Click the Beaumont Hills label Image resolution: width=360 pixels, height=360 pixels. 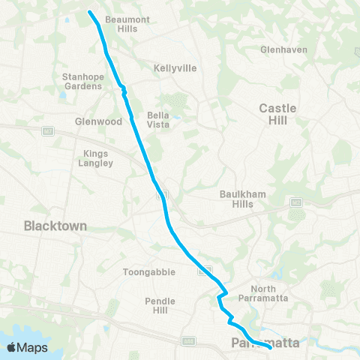pyautogui.click(x=122, y=23)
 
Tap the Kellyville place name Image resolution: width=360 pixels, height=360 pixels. pyautogui.click(x=175, y=67)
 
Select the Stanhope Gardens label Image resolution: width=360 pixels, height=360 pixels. pyautogui.click(x=82, y=81)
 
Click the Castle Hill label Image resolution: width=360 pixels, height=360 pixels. pyautogui.click(x=277, y=113)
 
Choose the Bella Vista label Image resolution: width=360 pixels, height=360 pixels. pyautogui.click(x=158, y=119)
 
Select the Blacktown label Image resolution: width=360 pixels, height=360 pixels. pyautogui.click(x=55, y=225)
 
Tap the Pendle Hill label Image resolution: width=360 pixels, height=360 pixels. pyautogui.click(x=159, y=305)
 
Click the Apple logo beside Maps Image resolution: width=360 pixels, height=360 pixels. pyautogui.click(x=12, y=347)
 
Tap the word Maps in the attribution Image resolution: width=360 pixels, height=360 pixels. pyautogui.click(x=32, y=347)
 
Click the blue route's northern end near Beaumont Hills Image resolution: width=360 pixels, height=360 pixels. pyautogui.click(x=91, y=12)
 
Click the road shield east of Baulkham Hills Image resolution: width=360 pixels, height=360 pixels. pyautogui.click(x=297, y=202)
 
